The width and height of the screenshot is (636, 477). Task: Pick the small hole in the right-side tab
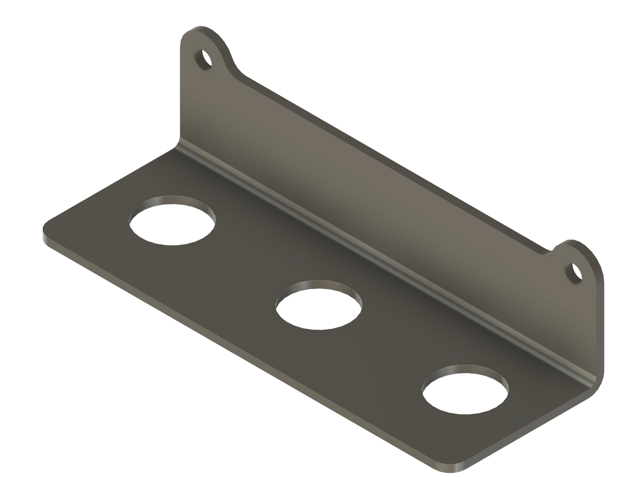(574, 273)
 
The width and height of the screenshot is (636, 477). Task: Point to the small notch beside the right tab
(550, 251)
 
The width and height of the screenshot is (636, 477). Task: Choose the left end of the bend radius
(179, 145)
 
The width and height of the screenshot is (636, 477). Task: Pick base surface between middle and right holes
(392, 347)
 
